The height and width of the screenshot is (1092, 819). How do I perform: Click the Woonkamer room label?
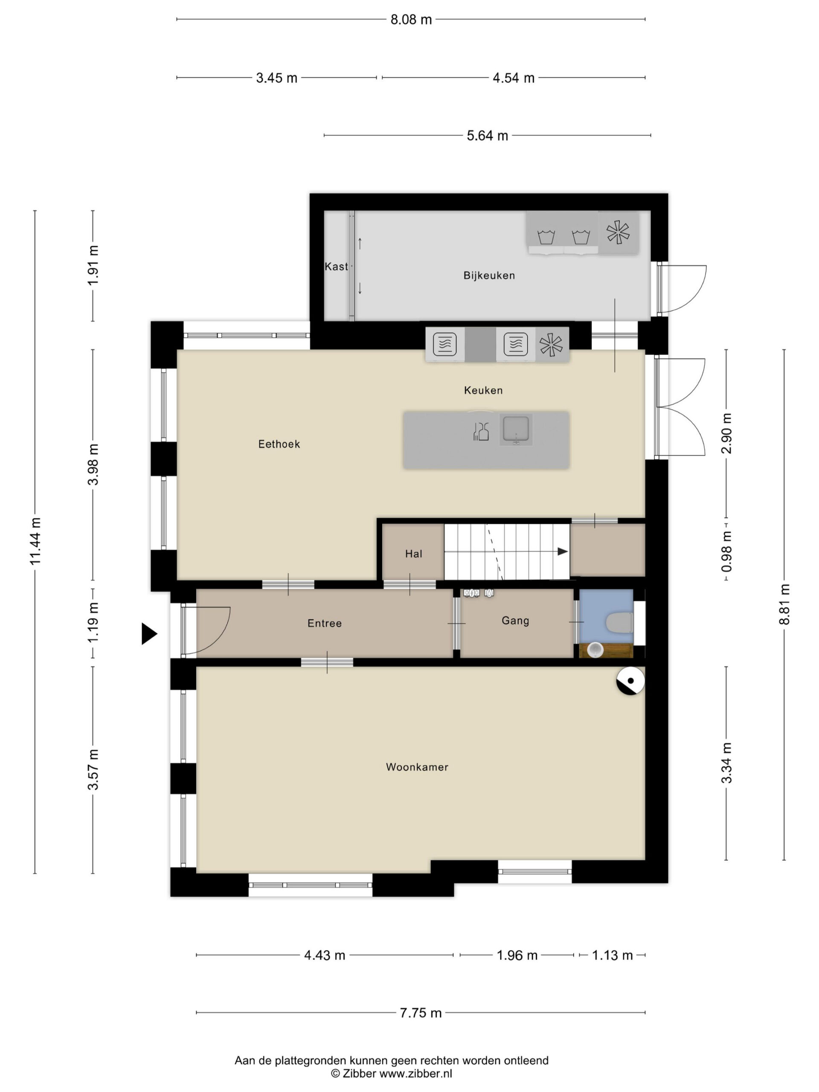[417, 767]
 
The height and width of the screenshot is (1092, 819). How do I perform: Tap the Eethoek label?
[279, 444]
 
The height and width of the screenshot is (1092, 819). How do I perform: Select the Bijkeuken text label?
[489, 276]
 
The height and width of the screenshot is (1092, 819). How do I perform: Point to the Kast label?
[336, 267]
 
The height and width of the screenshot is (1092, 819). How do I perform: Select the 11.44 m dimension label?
[35, 542]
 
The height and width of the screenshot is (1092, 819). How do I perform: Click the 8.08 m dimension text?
[411, 20]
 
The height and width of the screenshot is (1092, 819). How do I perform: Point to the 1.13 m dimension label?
[612, 955]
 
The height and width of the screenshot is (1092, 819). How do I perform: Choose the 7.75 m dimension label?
[421, 1013]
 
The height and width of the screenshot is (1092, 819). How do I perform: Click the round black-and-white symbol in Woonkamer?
[630, 681]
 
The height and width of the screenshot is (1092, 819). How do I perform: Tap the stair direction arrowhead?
[563, 552]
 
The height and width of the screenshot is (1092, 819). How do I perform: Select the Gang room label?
[515, 621]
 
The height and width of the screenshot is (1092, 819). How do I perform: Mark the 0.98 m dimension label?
[726, 552]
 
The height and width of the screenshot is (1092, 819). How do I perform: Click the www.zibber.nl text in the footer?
[415, 1073]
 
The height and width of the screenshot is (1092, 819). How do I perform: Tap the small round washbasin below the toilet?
[596, 650]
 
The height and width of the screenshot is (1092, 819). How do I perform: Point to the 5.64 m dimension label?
[487, 135]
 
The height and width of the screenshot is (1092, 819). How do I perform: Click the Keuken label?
[483, 390]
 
